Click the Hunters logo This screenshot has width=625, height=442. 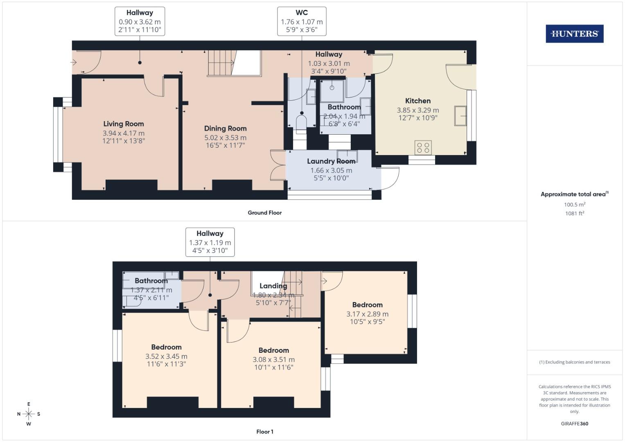click(574, 34)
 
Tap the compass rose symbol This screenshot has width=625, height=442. click(29, 414)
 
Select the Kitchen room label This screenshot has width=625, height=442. click(417, 101)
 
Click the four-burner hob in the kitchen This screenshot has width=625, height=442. click(423, 148)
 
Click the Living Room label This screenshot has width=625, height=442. click(123, 124)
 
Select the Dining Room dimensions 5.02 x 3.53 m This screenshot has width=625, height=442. click(225, 138)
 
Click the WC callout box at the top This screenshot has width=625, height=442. click(302, 21)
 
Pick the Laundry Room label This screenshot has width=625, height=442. click(331, 161)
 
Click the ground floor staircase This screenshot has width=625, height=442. click(222, 63)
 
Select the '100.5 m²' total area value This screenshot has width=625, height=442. click(574, 204)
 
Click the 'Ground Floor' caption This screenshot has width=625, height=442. click(264, 212)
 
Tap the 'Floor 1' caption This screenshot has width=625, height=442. click(264, 431)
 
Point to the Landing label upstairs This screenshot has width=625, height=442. click(273, 286)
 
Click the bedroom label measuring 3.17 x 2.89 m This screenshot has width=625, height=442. click(367, 305)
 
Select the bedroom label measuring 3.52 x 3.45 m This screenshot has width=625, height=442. click(166, 347)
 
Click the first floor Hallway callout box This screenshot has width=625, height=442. click(210, 242)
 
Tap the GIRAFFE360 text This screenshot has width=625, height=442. click(574, 424)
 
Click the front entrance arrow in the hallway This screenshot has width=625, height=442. click(74, 63)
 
